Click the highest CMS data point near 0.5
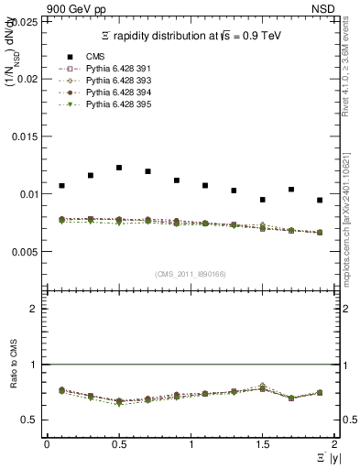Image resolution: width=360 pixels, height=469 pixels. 119,168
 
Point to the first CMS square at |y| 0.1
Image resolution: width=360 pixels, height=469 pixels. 61,186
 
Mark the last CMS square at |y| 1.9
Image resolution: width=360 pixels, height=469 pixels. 320,200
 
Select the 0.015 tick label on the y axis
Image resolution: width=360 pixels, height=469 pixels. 26,136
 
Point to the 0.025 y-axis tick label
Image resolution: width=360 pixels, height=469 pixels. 26,23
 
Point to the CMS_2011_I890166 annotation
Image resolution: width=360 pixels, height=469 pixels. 191,274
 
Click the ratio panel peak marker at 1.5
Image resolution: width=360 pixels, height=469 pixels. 263,387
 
